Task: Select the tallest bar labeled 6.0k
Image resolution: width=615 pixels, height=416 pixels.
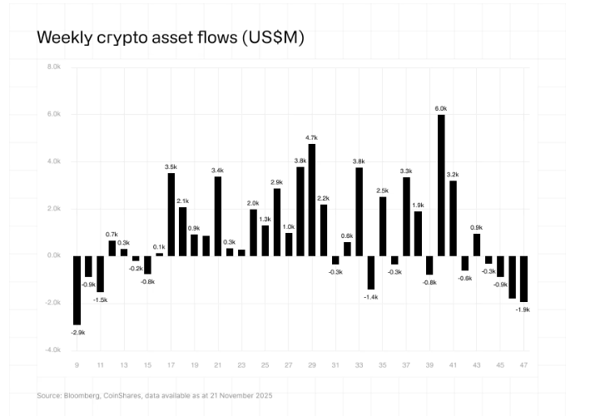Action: (441, 185)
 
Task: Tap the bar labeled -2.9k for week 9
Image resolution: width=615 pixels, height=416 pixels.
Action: (77, 290)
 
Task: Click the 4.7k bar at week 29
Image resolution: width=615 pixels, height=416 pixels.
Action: (312, 200)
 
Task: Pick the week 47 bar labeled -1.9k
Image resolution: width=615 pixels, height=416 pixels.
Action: (524, 279)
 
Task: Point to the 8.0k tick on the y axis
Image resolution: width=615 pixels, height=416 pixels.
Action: (54, 67)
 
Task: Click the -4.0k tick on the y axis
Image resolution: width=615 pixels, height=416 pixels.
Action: (53, 350)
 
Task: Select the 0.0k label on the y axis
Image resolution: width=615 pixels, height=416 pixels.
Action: (54, 255)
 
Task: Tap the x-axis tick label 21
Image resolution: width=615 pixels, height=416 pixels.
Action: (218, 365)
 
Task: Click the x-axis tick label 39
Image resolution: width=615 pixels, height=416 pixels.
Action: (429, 365)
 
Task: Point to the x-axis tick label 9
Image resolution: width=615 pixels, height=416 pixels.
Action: (77, 365)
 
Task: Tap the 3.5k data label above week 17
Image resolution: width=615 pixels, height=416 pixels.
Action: (171, 167)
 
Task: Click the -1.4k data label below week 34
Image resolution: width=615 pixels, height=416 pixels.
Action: (371, 296)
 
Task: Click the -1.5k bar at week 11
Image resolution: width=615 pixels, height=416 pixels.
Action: (101, 274)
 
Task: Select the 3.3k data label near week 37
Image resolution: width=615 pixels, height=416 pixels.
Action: (406, 171)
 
